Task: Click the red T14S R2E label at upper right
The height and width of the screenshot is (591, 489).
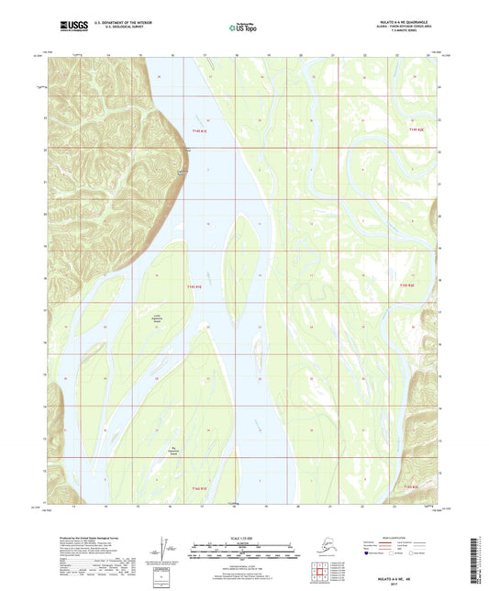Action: [x=416, y=129]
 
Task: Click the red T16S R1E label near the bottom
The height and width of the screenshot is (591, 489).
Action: [x=199, y=488]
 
